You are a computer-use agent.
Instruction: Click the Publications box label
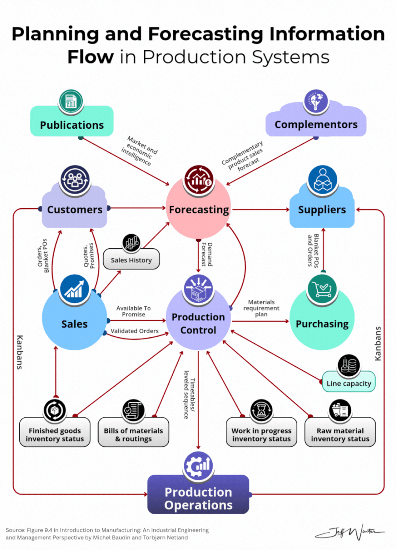[72, 125]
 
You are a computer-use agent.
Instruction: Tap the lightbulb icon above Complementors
[316, 101]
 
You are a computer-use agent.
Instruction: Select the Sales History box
[131, 260]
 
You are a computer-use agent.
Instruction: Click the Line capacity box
[348, 383]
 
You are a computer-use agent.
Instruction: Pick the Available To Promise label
[133, 311]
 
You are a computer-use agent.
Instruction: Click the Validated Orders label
[135, 331]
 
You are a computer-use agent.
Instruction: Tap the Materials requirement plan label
[261, 308]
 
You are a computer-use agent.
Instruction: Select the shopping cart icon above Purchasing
[322, 289]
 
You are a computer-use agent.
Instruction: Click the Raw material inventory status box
[340, 434]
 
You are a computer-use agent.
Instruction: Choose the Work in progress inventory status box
[261, 434]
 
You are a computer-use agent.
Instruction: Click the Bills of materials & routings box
[133, 434]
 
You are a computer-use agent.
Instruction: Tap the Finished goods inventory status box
[55, 434]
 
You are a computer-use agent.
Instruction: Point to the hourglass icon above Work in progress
[261, 411]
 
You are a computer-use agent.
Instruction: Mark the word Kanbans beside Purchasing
[378, 343]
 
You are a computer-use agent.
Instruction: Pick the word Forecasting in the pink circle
[199, 210]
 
